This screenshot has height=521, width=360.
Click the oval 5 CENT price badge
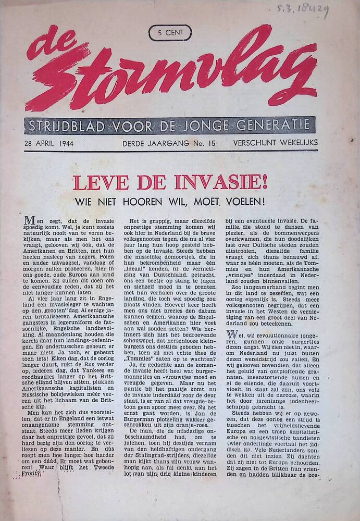[170, 33]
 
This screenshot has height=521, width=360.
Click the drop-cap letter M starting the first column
[30, 220]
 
